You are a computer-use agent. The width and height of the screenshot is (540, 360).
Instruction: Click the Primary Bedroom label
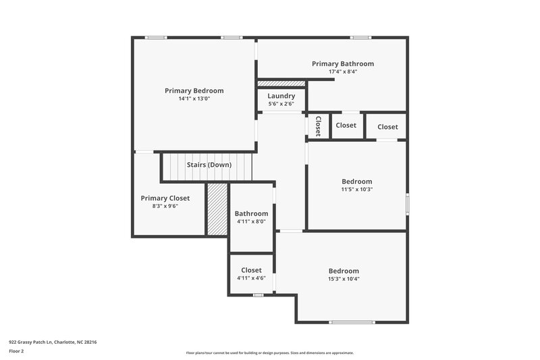194,91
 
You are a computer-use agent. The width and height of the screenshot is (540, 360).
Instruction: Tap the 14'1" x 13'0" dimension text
194,99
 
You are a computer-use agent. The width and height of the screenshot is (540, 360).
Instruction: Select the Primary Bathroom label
342,63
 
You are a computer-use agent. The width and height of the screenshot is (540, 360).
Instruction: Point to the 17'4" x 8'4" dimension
342,72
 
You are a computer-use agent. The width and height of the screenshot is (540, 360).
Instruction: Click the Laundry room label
281,96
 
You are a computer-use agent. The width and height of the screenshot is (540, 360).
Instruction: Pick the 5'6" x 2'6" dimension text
281,104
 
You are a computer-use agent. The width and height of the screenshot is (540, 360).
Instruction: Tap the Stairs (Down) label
209,165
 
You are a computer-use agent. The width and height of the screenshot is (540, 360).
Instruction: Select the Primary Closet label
165,198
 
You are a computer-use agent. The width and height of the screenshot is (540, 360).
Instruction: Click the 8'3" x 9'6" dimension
165,206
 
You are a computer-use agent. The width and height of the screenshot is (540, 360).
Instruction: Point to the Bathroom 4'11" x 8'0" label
252,213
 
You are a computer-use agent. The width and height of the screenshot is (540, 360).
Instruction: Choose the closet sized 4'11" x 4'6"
252,270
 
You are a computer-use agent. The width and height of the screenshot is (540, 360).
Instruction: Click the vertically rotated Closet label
317,126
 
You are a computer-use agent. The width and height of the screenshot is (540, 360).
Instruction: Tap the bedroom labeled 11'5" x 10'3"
356,181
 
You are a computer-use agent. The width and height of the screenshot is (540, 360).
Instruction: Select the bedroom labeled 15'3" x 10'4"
344,271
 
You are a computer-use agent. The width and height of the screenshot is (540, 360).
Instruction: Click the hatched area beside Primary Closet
216,209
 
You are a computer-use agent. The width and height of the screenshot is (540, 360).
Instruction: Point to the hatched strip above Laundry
281,83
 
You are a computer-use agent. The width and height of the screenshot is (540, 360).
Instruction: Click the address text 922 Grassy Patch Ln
53,342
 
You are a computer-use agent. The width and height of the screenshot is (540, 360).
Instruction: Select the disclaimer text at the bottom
269,353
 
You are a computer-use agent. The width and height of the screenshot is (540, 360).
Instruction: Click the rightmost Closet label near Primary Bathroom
387,126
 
